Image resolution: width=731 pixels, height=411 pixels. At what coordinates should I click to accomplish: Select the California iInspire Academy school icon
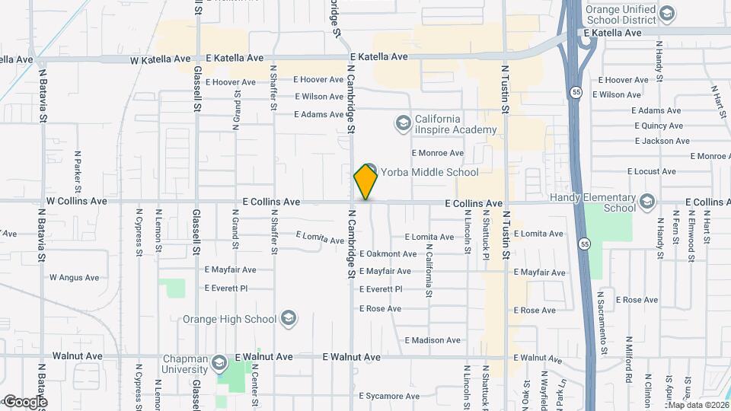pyautogui.click(x=402, y=122)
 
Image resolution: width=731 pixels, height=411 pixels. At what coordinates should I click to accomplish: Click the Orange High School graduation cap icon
pyautogui.click(x=289, y=318)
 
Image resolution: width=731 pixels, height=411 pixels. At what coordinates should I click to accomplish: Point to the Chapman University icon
pyautogui.click(x=219, y=362)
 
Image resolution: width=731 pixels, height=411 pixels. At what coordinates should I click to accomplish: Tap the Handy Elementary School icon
pyautogui.click(x=647, y=201)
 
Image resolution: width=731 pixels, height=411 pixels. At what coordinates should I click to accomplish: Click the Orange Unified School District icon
pyautogui.click(x=667, y=14)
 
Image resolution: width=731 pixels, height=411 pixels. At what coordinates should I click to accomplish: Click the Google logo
pyautogui.click(x=25, y=402)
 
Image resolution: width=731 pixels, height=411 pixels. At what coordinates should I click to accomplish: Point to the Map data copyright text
pyautogui.click(x=697, y=404)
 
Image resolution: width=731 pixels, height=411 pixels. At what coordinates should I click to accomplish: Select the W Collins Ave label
pyautogui.click(x=77, y=202)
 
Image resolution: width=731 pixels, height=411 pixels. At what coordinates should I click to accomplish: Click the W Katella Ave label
pyautogui.click(x=160, y=59)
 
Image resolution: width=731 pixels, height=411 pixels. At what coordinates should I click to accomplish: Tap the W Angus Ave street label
pyautogui.click(x=75, y=278)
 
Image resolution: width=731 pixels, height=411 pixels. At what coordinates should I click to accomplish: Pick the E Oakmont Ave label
pyautogui.click(x=388, y=254)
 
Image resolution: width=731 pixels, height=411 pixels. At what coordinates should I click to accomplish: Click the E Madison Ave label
pyautogui.click(x=433, y=340)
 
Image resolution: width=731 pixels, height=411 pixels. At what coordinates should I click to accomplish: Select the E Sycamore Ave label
pyautogui.click(x=391, y=396)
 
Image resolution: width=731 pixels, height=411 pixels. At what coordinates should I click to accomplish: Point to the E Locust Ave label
pyautogui.click(x=653, y=172)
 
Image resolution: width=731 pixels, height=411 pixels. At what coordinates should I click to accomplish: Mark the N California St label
pyautogui.click(x=429, y=264)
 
